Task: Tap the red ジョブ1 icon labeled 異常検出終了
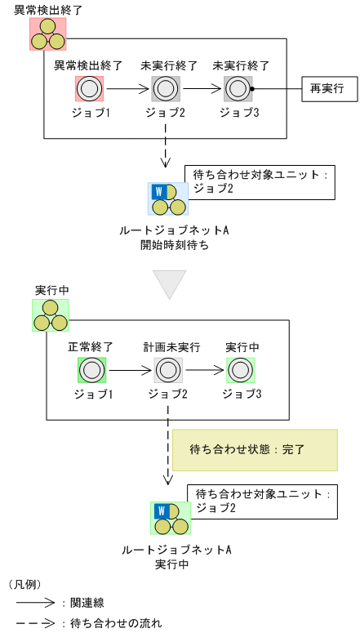click(x=89, y=88)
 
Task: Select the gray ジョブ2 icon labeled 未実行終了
click(x=166, y=88)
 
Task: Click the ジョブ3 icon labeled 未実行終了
click(x=238, y=88)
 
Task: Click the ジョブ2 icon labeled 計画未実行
click(x=167, y=371)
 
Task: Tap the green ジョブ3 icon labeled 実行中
click(x=241, y=371)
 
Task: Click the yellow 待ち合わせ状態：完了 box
click(x=254, y=450)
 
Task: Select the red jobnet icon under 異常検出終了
click(x=47, y=33)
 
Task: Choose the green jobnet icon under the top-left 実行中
click(x=50, y=314)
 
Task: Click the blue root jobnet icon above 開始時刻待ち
click(x=168, y=198)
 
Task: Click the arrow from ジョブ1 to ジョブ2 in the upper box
click(x=127, y=88)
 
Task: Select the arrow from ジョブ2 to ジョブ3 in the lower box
click(x=205, y=371)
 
